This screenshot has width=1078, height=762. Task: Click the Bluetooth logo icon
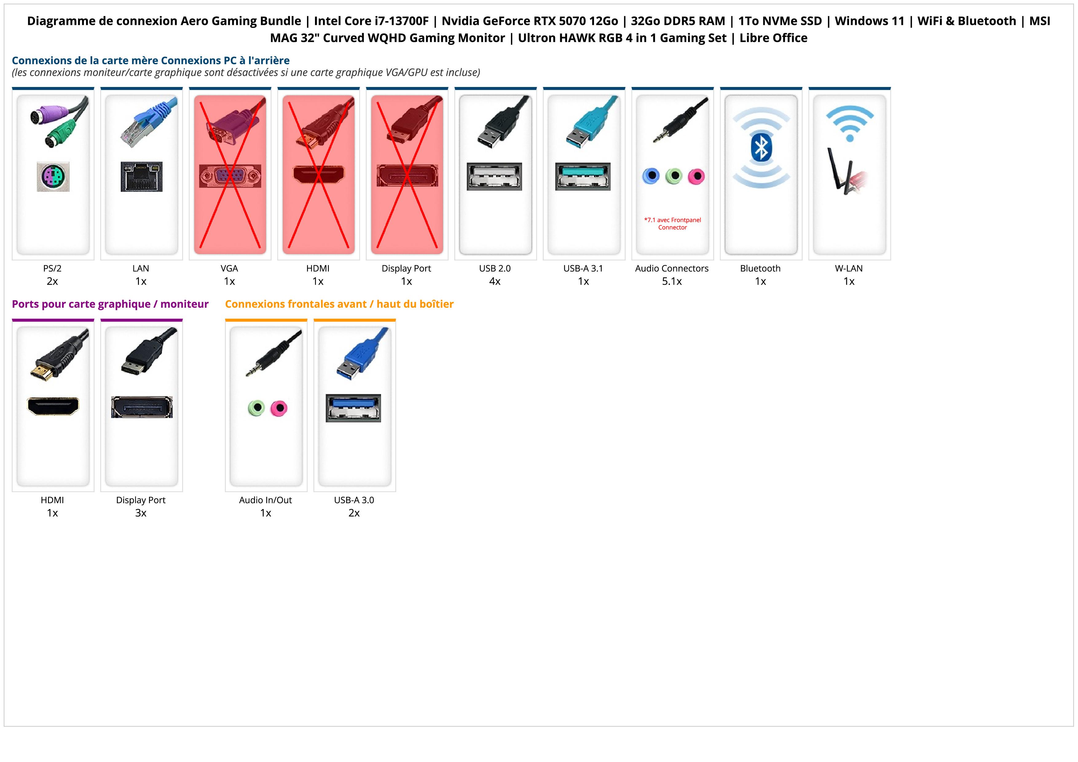pos(761,148)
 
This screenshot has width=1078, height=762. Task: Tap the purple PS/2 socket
pos(53,176)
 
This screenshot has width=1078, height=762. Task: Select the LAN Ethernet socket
pos(141,176)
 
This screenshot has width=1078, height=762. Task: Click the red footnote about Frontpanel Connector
pos(672,223)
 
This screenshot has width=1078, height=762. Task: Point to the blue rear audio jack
pos(651,176)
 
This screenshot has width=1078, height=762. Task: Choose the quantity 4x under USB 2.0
pos(495,281)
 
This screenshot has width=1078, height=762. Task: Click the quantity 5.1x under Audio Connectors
pos(672,281)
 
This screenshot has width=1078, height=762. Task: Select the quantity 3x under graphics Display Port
pos(141,513)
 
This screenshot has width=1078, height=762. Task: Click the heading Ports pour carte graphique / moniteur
pos(110,304)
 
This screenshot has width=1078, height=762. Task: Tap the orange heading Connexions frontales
pos(339,304)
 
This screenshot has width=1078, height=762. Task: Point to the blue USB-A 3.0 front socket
pos(353,408)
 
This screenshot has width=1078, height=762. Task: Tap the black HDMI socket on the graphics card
pos(53,406)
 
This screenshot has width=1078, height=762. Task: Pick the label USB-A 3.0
pos(354,500)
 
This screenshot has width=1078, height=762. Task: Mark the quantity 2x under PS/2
pos(52,281)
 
